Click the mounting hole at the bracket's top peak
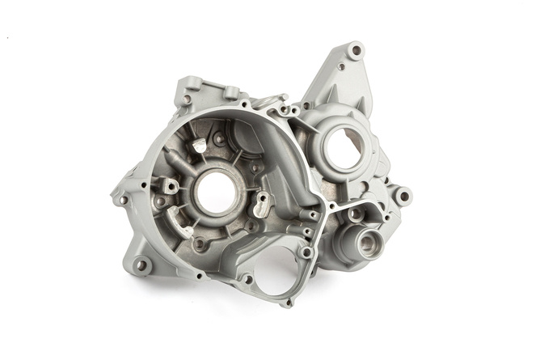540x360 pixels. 354,51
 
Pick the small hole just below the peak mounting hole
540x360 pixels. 341,67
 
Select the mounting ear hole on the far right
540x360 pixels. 401,195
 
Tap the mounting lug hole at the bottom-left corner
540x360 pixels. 142,265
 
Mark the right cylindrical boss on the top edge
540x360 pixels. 231,91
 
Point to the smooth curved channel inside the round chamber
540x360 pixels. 275,162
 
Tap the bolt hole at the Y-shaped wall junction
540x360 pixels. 331,206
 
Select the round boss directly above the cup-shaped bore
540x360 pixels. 356,214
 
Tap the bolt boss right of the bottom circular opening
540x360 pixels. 306,253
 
